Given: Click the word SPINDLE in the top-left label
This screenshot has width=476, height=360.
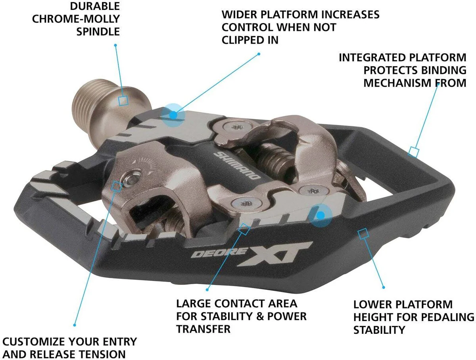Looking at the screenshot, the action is [x=98, y=32].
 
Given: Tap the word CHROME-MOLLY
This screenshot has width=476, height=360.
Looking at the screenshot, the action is [x=76, y=19].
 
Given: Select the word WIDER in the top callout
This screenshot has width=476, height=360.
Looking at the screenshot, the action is [x=239, y=15].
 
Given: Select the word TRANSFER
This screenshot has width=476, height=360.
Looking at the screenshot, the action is [x=203, y=329].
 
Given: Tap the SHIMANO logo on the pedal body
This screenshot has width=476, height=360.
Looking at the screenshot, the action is [x=237, y=166].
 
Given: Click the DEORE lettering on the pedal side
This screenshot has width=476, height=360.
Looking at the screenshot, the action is [x=219, y=252].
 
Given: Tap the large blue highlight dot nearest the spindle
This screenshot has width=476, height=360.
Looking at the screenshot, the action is [x=173, y=115].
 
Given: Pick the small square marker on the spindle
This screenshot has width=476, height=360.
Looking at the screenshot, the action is [x=123, y=101].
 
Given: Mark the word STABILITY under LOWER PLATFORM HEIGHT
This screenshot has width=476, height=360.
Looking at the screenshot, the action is [x=379, y=330].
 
